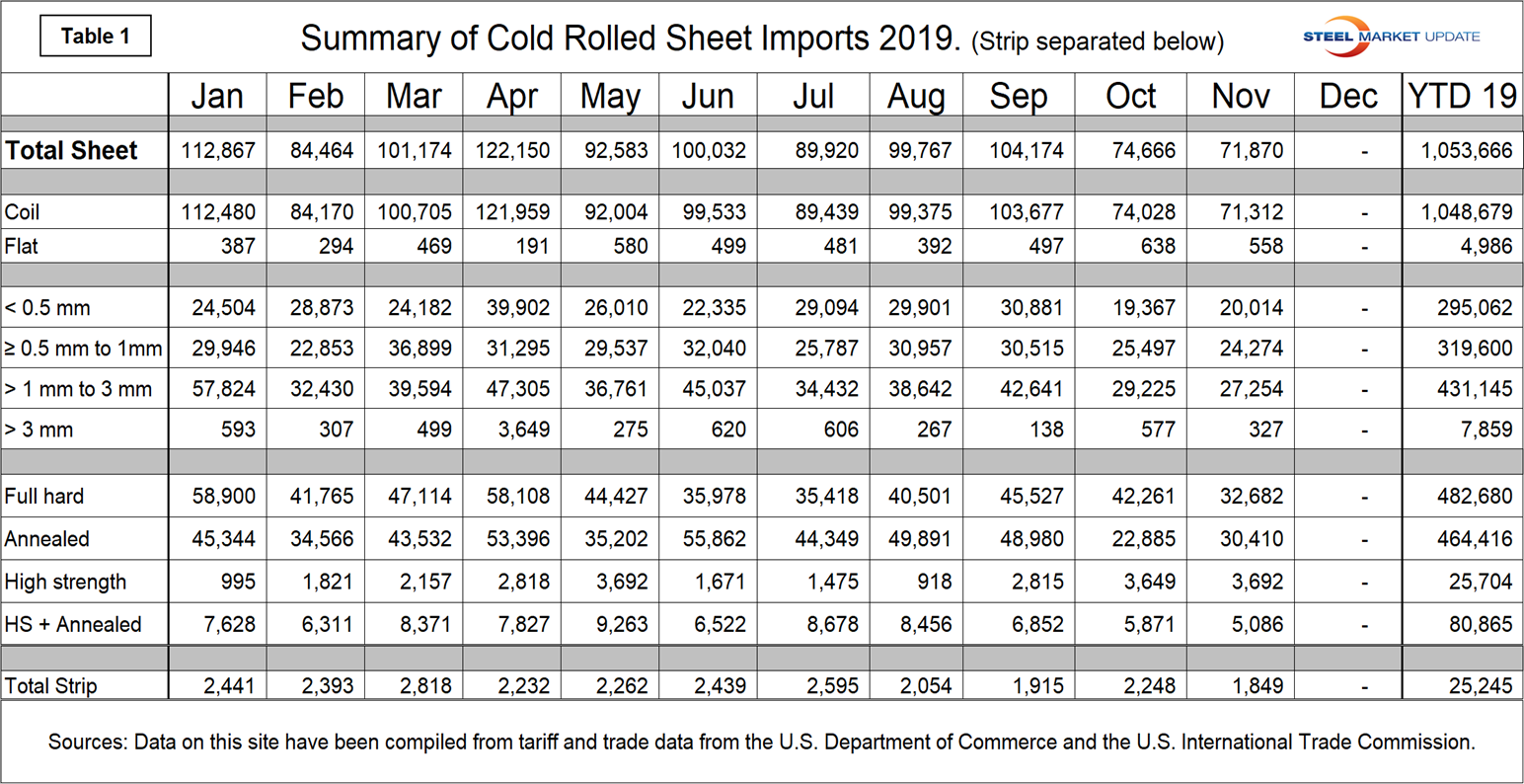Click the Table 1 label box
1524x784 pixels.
(x=95, y=37)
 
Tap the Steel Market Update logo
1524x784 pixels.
(x=1391, y=37)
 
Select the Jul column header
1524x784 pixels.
(x=813, y=97)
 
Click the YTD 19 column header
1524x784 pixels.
(x=1462, y=97)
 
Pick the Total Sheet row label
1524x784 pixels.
(x=71, y=151)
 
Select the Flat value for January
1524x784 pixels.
(x=237, y=246)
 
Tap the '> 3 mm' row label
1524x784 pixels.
(x=38, y=430)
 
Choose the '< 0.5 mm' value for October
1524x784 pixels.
(x=1143, y=307)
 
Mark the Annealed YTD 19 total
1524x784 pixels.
(x=1474, y=539)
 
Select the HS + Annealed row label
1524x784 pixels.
(x=72, y=625)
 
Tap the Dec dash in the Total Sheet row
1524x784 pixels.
(x=1364, y=152)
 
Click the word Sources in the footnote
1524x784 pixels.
(x=86, y=742)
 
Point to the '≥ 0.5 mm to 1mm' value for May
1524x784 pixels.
(x=616, y=349)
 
